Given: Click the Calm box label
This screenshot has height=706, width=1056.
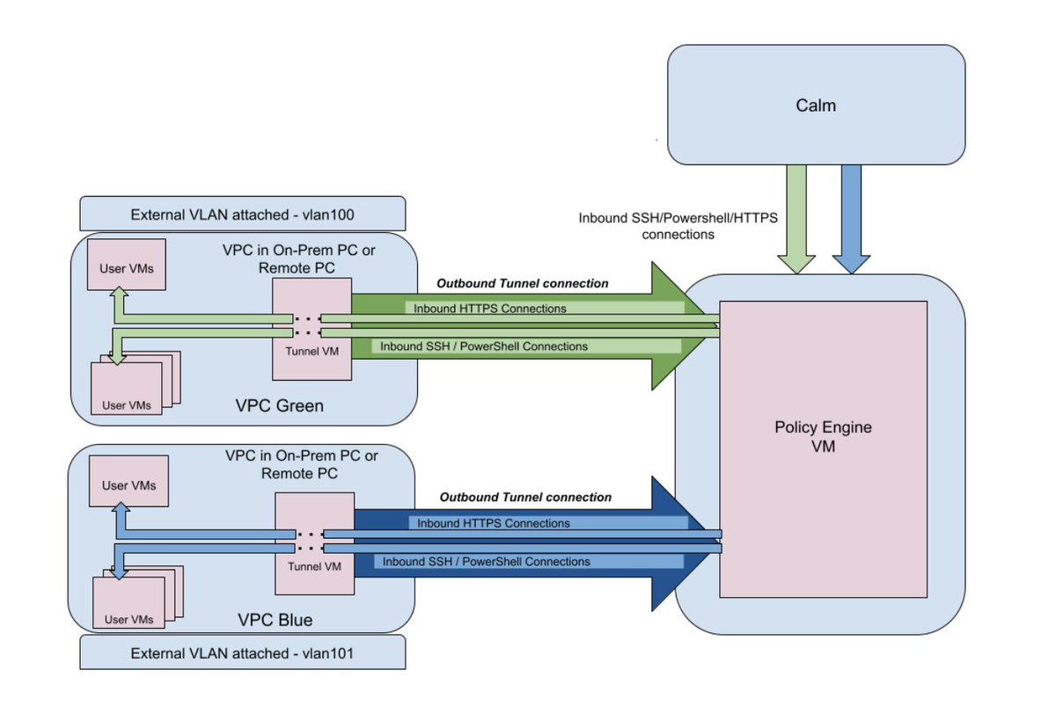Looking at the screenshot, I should [816, 106].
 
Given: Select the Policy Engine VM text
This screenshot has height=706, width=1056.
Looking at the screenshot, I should [823, 437].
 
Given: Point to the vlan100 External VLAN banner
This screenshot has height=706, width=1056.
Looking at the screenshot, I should [242, 214].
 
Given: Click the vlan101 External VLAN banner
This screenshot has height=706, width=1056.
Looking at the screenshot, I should [242, 653].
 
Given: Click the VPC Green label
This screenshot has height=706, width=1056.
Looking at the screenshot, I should [279, 406].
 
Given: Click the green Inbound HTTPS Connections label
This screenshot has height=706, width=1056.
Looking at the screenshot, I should [485, 309].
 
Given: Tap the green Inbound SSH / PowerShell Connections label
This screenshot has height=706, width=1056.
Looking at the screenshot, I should [484, 346].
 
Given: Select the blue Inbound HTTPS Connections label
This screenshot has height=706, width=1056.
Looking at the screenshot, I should [493, 523].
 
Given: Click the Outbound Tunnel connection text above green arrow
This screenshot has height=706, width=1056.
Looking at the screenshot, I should [523, 283].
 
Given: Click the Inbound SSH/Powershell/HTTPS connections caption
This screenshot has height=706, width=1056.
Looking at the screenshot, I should [678, 226].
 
